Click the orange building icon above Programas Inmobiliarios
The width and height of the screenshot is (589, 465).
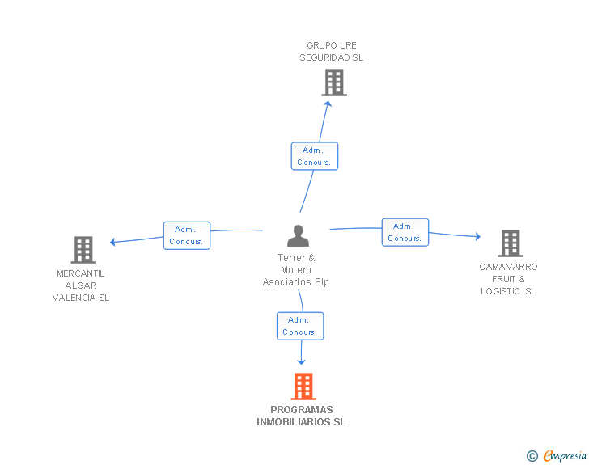point(303,387)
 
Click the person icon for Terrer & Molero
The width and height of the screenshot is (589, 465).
point(298,235)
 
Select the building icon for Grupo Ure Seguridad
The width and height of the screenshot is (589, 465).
point(334,82)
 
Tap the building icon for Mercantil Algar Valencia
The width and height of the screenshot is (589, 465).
point(83,250)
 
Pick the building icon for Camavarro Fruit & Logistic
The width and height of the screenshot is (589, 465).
point(511,243)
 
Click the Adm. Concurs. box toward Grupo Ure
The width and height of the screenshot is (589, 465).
point(315,156)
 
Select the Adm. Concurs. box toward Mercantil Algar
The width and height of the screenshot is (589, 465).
point(187,235)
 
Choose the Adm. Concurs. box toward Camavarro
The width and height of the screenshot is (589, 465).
point(405,232)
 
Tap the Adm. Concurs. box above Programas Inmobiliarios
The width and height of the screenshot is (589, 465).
point(300,326)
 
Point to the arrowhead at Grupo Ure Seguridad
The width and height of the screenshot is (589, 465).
point(328,104)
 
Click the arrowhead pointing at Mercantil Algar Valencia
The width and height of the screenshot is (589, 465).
point(112,242)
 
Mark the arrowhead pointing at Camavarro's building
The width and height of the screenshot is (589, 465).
point(478,236)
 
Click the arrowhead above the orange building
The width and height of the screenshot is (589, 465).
point(301,362)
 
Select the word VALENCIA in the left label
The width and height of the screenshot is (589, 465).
point(74,298)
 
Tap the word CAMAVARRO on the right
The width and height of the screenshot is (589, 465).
point(508,267)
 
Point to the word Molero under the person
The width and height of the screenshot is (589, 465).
point(296,269)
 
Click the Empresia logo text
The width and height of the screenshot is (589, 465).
point(565,455)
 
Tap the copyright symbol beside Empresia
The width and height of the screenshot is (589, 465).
point(532,456)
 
